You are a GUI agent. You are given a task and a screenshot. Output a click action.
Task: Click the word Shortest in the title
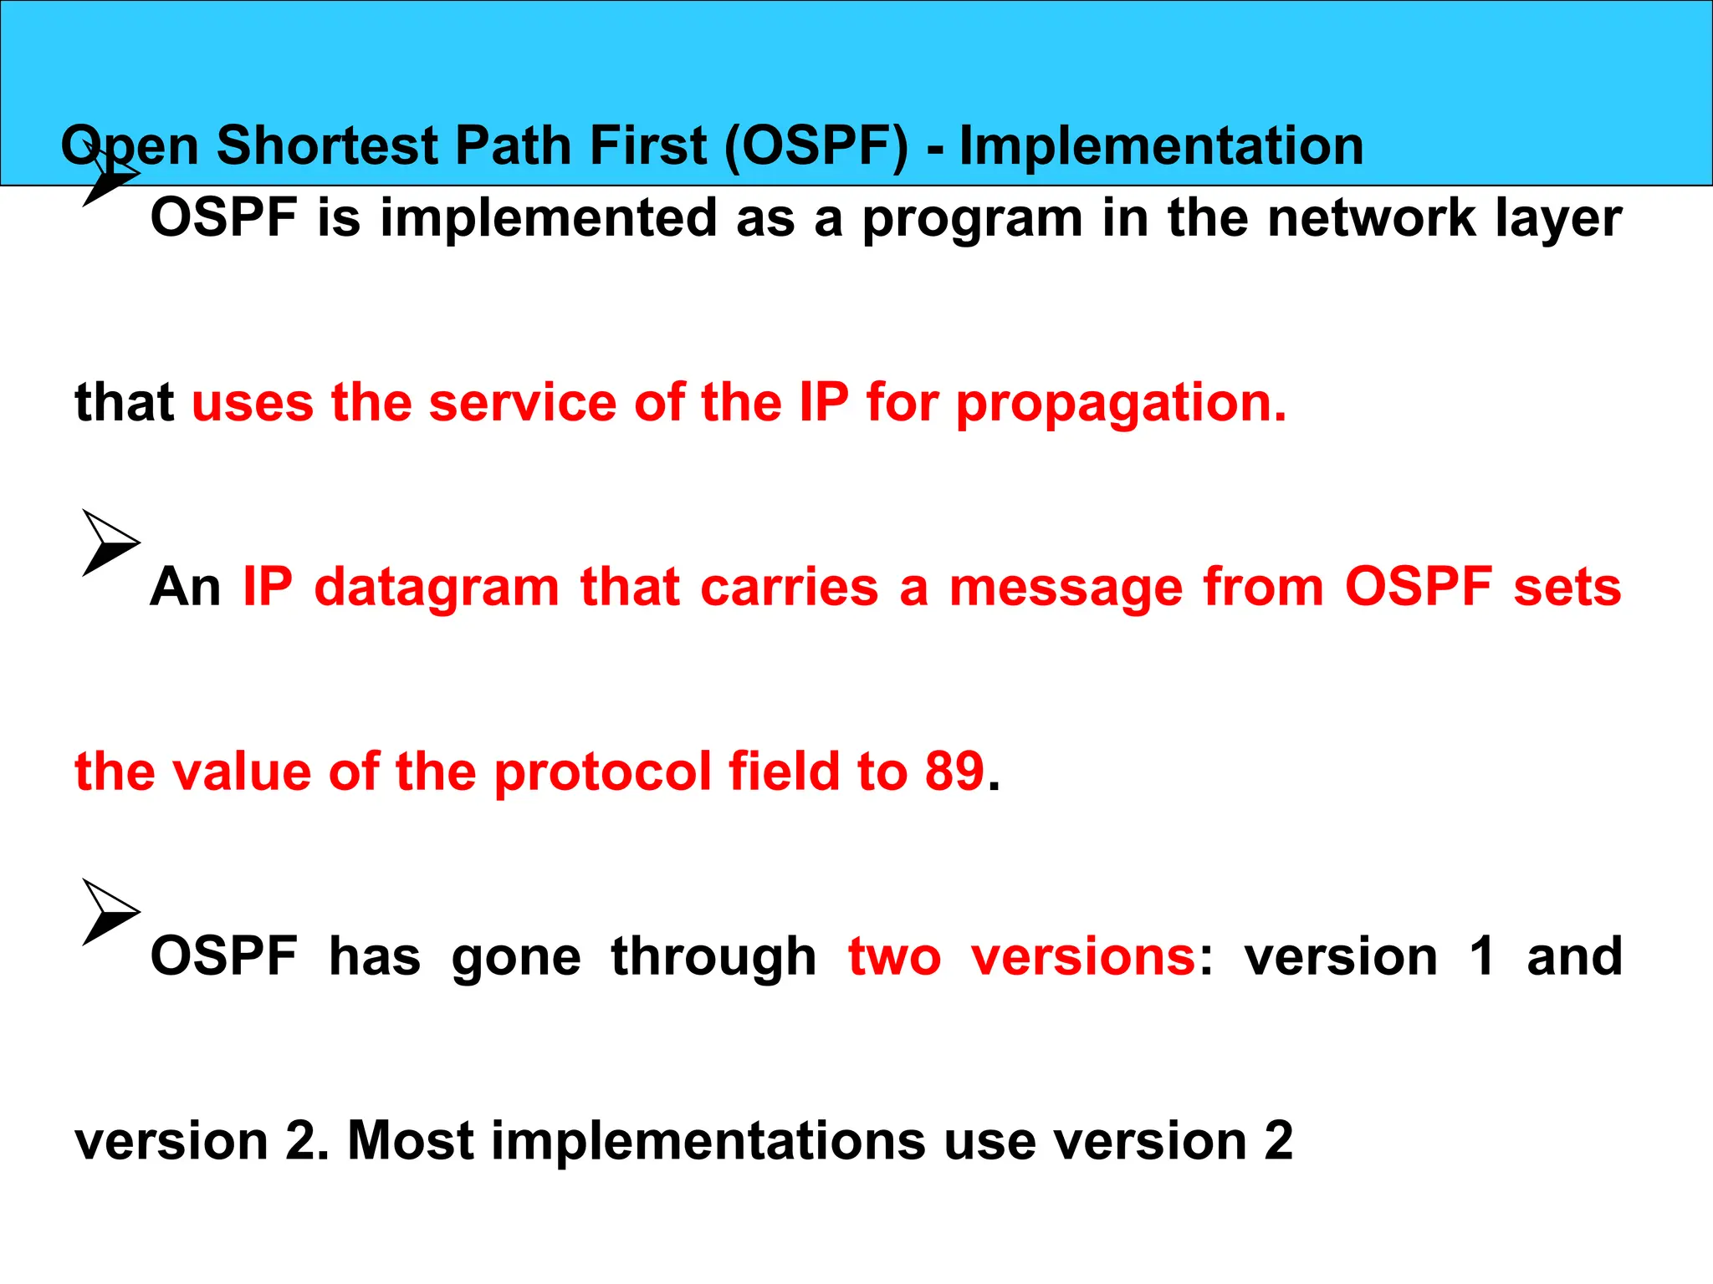(327, 146)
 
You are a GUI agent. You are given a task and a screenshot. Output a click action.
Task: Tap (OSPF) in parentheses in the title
(816, 146)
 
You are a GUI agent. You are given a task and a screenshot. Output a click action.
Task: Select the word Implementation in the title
(1161, 146)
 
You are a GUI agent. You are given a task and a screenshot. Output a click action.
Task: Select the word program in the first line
(972, 219)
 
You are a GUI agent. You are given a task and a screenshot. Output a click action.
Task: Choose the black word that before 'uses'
(124, 403)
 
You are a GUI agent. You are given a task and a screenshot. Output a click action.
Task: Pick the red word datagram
(436, 588)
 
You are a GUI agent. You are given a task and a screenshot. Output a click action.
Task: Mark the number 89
(954, 772)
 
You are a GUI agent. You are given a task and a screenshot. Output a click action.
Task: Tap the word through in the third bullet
(713, 958)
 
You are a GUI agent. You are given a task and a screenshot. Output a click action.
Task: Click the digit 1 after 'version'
(1482, 956)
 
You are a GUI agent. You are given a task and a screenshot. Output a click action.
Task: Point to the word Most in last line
(411, 1141)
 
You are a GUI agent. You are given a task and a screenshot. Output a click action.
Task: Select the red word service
(524, 403)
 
